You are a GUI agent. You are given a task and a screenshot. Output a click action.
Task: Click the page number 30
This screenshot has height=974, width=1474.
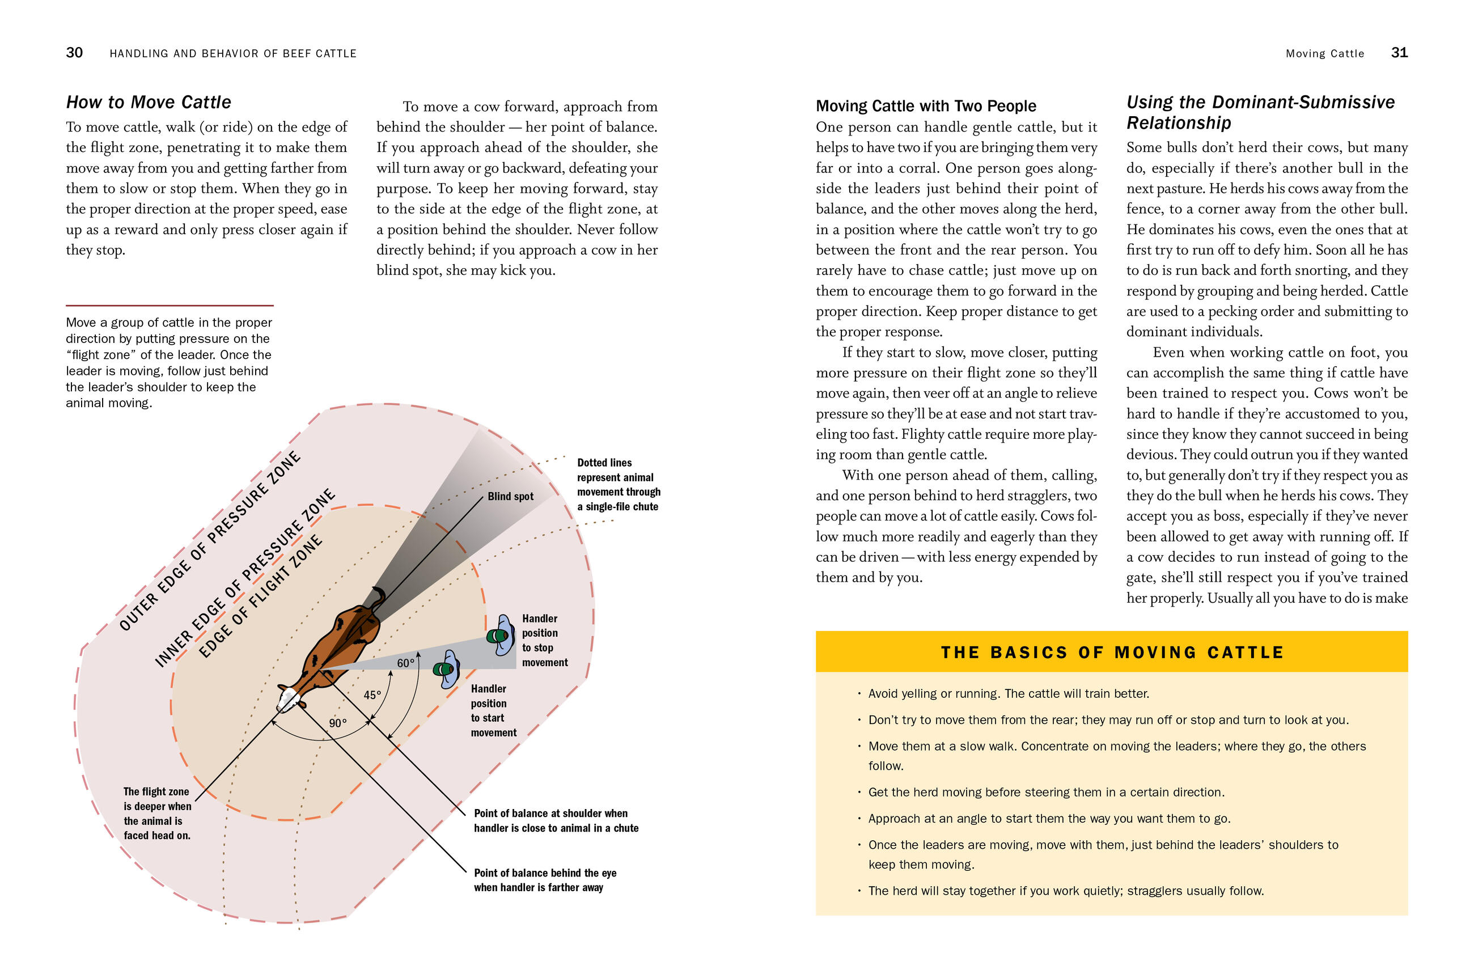click(74, 53)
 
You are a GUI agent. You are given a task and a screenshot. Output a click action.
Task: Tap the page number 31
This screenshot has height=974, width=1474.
click(1399, 53)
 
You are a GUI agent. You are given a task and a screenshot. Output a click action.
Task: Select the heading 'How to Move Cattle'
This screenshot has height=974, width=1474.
click(149, 102)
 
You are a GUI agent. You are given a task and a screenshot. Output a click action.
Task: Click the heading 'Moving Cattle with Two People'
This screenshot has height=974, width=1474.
click(926, 106)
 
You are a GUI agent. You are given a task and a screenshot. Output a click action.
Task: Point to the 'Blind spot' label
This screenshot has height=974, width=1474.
click(510, 496)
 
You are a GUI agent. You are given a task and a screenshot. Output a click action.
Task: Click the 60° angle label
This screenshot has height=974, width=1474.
click(405, 663)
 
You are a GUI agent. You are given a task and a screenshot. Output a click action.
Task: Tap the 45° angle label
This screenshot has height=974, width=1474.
click(372, 695)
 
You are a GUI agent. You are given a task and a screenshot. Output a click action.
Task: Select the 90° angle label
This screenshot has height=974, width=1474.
click(338, 723)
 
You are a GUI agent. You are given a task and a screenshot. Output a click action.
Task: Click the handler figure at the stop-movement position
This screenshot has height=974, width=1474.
click(501, 635)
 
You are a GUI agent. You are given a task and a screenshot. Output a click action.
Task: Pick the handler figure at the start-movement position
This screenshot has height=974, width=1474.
click(447, 669)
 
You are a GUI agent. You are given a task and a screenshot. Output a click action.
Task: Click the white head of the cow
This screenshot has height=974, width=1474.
click(288, 701)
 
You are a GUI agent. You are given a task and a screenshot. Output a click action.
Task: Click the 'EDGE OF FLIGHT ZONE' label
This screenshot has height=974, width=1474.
click(260, 596)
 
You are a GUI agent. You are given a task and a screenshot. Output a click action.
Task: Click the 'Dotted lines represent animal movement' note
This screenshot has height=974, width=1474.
click(618, 485)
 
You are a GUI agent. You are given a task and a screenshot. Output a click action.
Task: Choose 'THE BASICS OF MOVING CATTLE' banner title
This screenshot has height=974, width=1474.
click(1111, 652)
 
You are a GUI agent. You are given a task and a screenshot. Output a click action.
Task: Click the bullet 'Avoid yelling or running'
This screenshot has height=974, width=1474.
click(1008, 694)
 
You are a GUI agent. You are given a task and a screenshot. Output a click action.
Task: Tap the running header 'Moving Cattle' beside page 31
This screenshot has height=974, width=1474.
click(1324, 54)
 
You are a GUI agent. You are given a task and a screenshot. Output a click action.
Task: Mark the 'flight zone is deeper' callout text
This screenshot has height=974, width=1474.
click(157, 813)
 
